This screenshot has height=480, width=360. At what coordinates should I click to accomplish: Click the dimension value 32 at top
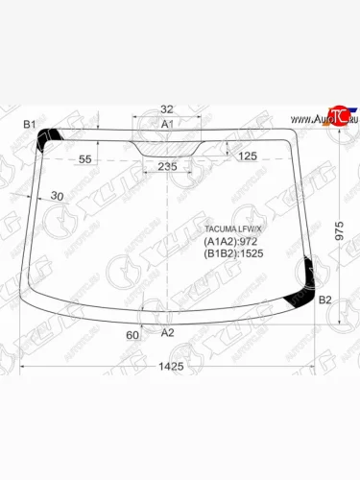click(x=167, y=108)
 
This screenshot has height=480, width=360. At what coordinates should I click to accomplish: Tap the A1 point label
click(x=166, y=125)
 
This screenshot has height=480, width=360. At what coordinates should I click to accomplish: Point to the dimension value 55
click(x=84, y=157)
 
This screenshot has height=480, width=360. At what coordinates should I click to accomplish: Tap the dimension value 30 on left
click(x=57, y=197)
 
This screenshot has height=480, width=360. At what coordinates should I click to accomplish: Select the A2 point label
click(x=167, y=332)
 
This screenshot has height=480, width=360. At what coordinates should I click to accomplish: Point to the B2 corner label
click(x=325, y=300)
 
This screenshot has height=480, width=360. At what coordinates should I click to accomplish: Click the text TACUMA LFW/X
click(x=229, y=228)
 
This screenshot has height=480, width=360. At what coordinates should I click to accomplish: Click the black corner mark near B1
click(x=46, y=140)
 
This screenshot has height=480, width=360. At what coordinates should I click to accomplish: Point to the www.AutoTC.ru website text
click(x=312, y=119)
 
